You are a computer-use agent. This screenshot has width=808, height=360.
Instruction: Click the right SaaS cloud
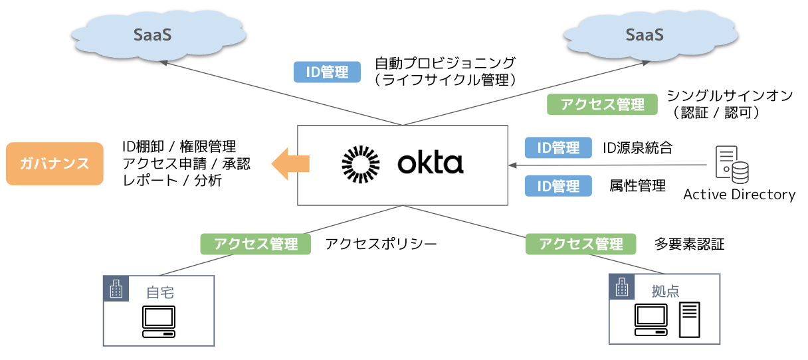click(x=644, y=35)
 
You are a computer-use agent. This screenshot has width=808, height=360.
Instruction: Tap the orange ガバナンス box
click(x=54, y=163)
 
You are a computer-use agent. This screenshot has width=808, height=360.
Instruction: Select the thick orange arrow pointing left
click(x=290, y=163)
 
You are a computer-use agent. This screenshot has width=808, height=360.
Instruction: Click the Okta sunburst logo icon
click(x=360, y=163)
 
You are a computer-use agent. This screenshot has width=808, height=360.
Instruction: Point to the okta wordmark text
click(x=430, y=163)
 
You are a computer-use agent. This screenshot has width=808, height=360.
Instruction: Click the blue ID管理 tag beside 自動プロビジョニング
click(x=327, y=72)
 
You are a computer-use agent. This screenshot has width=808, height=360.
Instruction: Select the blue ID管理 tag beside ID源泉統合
click(x=558, y=148)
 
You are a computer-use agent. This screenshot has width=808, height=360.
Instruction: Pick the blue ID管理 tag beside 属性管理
click(x=558, y=187)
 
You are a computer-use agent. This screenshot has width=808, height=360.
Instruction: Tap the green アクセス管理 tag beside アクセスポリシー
click(x=256, y=244)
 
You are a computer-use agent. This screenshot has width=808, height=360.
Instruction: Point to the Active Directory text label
click(x=739, y=195)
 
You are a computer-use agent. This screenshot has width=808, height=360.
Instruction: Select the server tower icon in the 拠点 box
click(x=689, y=319)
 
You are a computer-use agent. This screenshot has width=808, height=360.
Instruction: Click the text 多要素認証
click(x=689, y=244)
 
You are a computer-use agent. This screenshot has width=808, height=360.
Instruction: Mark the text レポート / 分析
click(x=172, y=180)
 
